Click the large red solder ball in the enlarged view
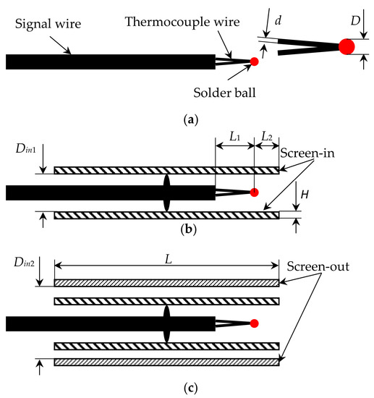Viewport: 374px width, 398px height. pyautogui.click(x=347, y=47)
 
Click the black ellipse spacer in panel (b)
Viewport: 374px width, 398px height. pyautogui.click(x=167, y=192)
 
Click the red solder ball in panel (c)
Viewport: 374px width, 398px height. pyautogui.click(x=254, y=323)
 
